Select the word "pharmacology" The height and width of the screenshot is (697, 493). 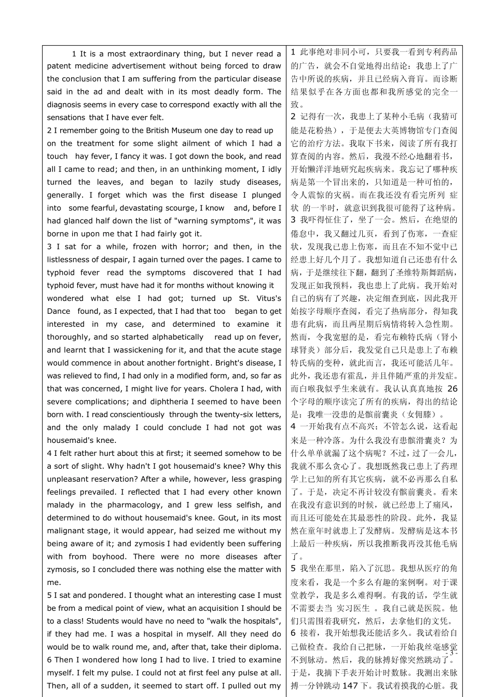(x=134, y=505)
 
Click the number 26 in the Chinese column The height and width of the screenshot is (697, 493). (x=452, y=388)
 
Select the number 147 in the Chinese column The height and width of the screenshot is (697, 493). (x=350, y=686)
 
